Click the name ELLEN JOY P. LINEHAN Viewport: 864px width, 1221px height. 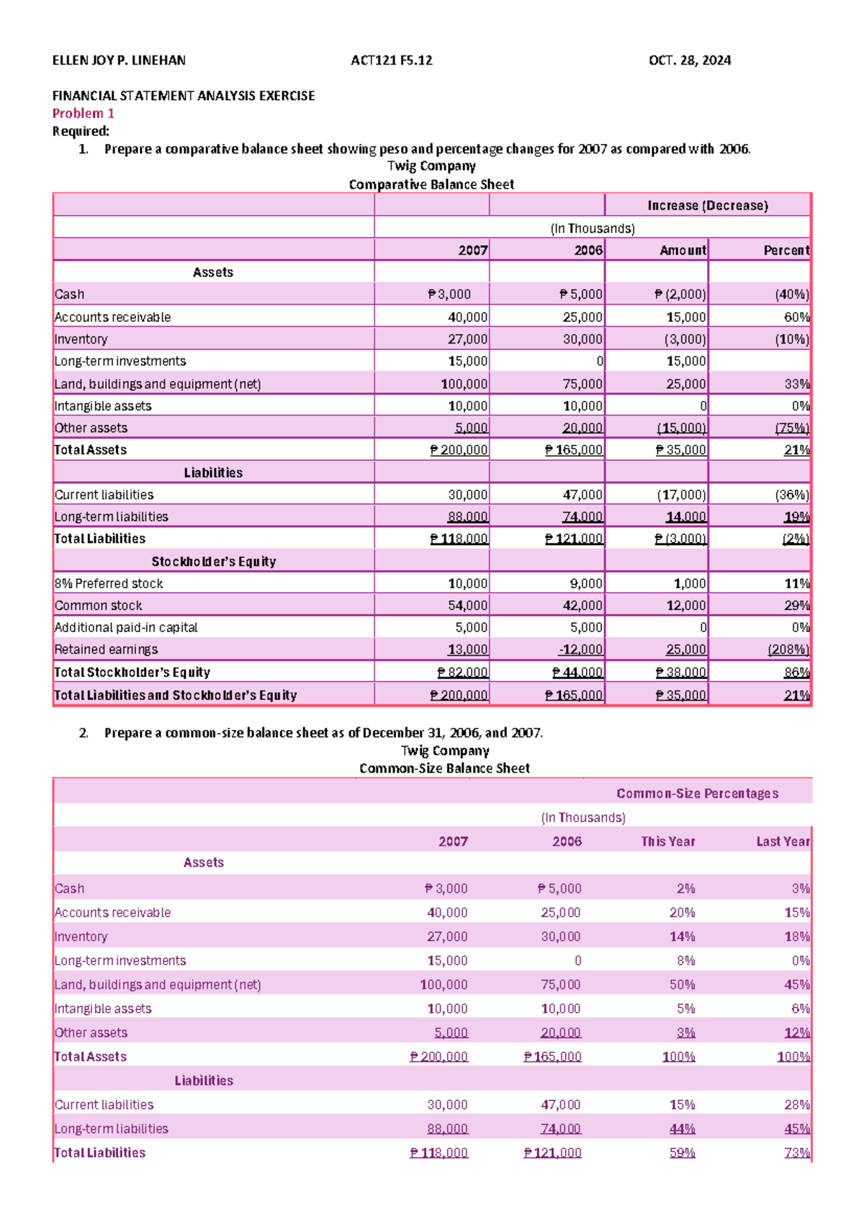tap(119, 60)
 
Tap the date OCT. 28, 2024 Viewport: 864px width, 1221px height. tap(689, 60)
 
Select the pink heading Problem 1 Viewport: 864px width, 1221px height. tap(83, 113)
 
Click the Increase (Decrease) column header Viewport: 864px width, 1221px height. tap(707, 205)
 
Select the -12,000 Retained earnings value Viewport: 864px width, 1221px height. tap(580, 649)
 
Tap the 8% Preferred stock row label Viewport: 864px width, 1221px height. tap(109, 583)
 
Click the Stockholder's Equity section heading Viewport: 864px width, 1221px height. tap(213, 561)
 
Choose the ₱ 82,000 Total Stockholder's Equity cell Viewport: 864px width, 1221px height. tap(462, 672)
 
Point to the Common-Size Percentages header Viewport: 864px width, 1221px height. tap(697, 793)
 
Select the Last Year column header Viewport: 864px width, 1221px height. tap(782, 841)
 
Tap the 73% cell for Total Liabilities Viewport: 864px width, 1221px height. tap(796, 1153)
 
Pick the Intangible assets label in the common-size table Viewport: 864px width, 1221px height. tap(103, 1009)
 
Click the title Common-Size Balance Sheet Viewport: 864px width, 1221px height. tap(444, 768)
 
